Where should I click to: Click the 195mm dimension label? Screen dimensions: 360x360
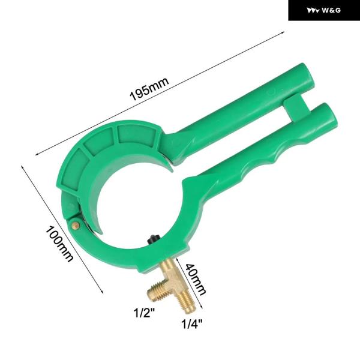(149, 89)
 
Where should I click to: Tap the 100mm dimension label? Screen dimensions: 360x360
(59, 244)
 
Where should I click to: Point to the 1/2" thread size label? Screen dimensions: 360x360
(145, 313)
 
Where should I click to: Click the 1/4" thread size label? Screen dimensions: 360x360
(192, 324)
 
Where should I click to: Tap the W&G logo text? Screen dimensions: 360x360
(331, 10)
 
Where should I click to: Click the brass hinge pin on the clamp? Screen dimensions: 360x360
(76, 225)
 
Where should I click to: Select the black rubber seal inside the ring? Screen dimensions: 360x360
(152, 239)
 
